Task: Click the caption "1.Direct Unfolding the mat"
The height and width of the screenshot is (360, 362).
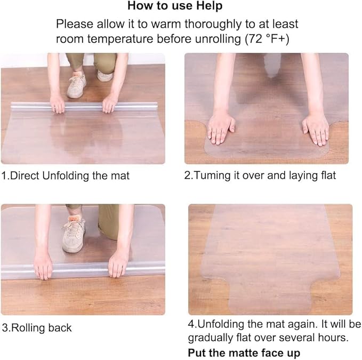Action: coord(65,175)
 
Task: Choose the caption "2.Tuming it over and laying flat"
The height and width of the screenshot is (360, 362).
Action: coord(260,175)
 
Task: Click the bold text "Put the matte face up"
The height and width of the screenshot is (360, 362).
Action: coord(244,353)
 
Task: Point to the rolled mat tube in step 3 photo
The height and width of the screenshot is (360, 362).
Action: coord(80,270)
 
